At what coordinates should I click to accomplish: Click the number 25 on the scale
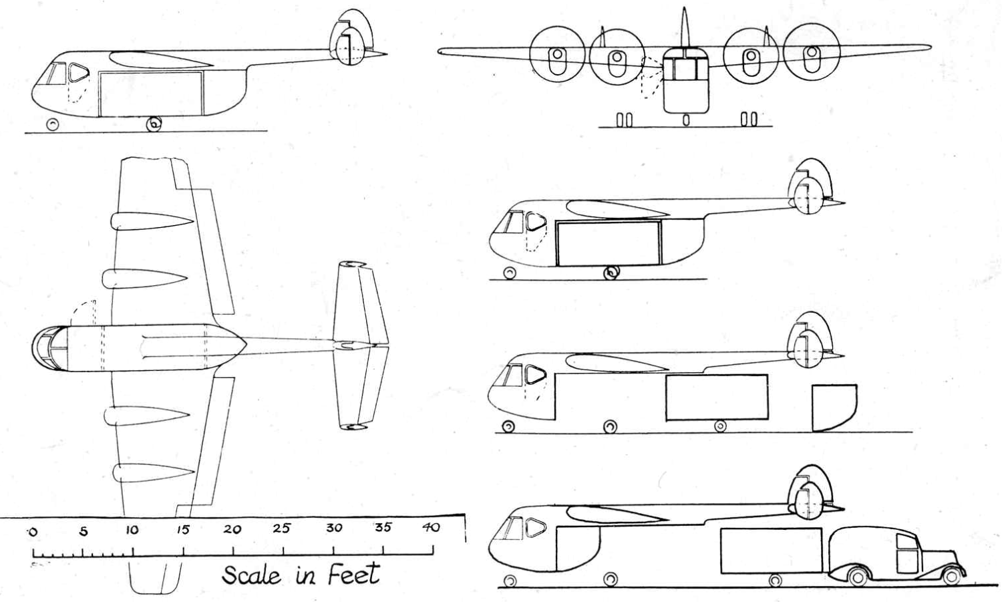[282, 529]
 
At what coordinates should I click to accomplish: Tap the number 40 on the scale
[432, 527]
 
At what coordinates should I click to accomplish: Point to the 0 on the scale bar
[31, 532]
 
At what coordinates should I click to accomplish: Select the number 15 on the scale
[182, 530]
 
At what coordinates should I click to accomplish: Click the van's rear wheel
[856, 577]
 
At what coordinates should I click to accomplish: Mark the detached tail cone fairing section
[834, 407]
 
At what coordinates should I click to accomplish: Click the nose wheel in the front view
[686, 120]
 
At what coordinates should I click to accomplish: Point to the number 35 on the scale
[383, 527]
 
